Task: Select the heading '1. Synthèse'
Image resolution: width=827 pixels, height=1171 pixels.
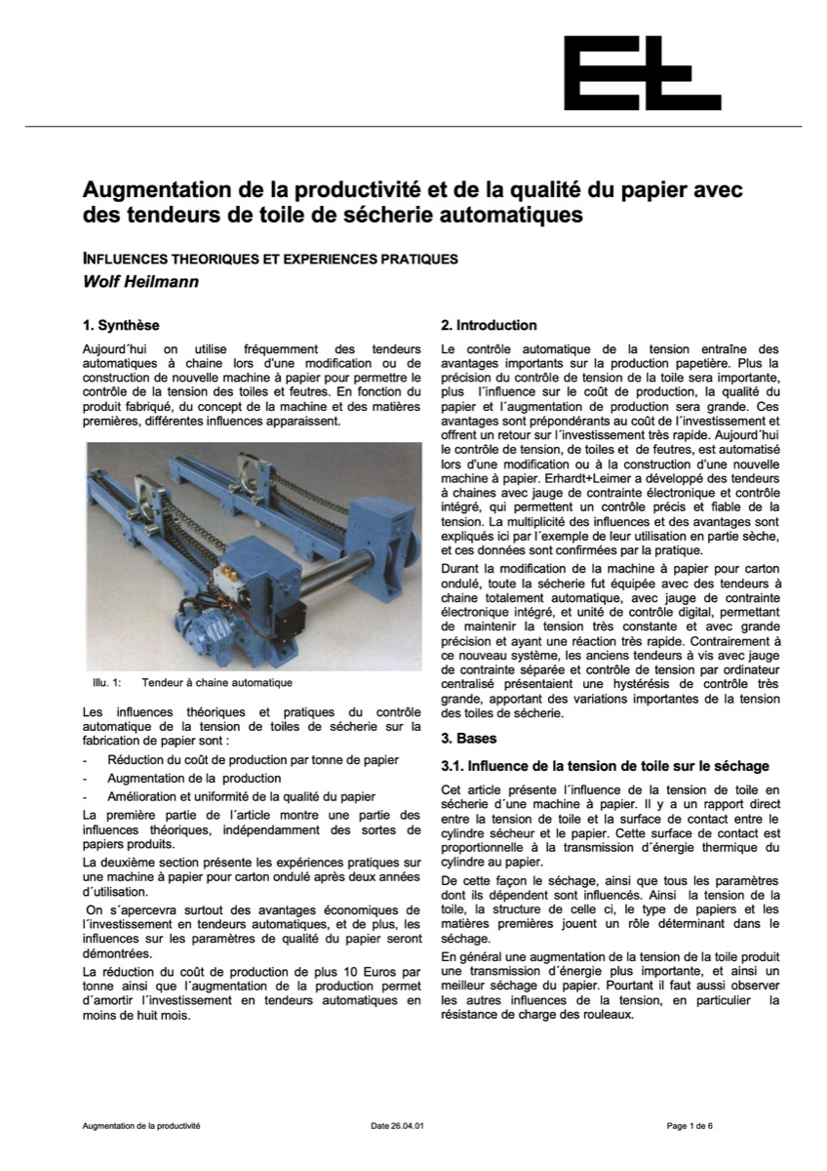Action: coord(121,325)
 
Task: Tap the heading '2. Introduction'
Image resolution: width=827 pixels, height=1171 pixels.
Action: coord(489,325)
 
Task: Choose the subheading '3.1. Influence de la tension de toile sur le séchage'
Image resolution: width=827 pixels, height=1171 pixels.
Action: coord(605,766)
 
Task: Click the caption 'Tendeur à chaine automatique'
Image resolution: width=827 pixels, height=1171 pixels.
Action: coord(217,683)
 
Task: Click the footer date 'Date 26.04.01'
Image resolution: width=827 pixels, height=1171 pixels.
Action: coord(398,1125)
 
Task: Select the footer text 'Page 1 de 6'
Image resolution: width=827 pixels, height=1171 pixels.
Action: coord(689,1125)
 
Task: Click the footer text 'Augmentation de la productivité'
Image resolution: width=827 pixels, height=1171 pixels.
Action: coord(141,1125)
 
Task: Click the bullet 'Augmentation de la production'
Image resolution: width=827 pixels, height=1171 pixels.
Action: coord(194,779)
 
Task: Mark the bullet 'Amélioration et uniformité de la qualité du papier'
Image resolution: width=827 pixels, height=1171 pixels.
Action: coord(241,797)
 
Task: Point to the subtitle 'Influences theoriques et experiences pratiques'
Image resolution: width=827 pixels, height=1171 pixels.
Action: coord(270,260)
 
